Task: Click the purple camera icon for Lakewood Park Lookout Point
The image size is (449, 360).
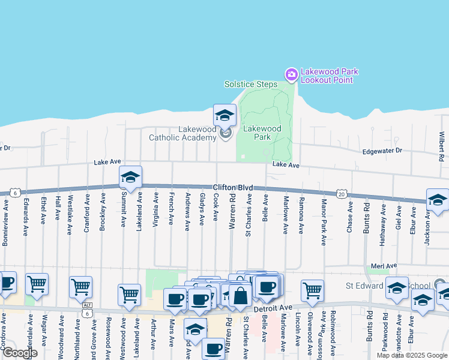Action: [292, 74]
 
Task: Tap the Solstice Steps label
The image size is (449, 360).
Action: [251, 84]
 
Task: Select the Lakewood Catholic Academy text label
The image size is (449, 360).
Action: [182, 134]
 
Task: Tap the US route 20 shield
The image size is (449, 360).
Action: [342, 194]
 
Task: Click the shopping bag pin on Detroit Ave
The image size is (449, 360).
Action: [240, 295]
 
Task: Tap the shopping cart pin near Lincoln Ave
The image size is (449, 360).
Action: [312, 290]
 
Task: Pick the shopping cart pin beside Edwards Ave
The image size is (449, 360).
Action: [37, 283]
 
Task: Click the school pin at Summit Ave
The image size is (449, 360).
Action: [130, 177]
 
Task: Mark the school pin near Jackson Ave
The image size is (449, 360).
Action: [438, 199]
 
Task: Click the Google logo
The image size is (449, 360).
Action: [20, 353]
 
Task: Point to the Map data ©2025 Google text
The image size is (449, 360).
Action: [411, 355]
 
